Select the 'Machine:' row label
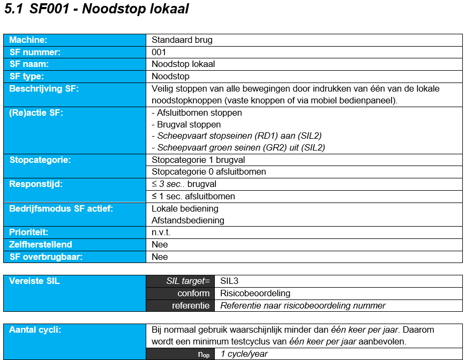[28, 40]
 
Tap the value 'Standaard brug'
[182, 40]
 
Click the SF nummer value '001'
[159, 52]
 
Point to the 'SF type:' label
[27, 77]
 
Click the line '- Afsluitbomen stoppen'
[197, 113]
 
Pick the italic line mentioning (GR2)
[238, 148]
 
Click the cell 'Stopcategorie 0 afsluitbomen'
[209, 172]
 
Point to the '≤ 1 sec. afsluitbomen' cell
[193, 196]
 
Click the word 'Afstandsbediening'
[188, 220]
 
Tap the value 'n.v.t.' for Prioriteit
[160, 232]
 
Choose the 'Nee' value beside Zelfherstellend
[160, 245]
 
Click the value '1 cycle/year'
[244, 354]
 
